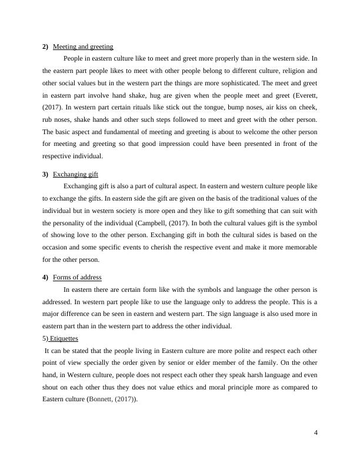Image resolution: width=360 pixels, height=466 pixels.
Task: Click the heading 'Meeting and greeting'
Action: (83, 46)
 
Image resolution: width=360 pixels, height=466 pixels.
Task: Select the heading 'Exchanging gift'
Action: (75, 175)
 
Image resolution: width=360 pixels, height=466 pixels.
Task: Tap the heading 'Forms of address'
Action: (77, 278)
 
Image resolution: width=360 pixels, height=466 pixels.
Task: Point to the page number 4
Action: (316, 433)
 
